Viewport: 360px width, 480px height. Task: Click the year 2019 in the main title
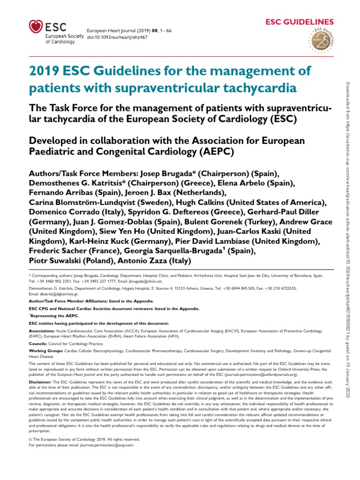44,71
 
